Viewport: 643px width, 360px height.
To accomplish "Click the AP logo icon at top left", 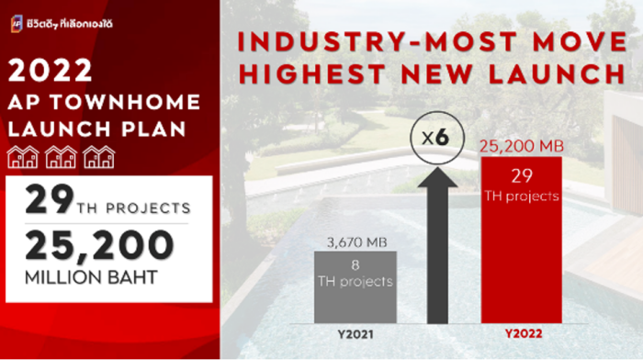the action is point(17,24).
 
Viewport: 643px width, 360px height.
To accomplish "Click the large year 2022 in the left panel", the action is point(50,70).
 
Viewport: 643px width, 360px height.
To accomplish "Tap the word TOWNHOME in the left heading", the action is point(126,102).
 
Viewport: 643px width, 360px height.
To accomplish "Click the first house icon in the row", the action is point(23,157).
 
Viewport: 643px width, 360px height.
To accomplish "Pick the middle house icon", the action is point(61,157).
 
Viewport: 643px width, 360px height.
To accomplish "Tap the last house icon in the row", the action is point(99,157).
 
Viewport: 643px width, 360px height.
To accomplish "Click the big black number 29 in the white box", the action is point(50,199).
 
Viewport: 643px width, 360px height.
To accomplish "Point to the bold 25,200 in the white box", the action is point(99,245).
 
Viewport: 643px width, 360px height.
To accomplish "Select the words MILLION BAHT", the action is point(91,277).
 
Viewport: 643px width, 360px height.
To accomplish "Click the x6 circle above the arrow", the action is point(437,138).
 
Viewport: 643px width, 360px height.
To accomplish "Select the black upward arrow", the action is point(437,245).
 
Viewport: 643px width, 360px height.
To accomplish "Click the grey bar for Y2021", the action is point(355,287).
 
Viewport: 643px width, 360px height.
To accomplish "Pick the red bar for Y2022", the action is point(521,240).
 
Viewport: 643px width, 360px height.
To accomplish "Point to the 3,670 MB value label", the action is point(356,242).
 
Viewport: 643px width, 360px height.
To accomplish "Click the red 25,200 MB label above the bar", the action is point(522,146).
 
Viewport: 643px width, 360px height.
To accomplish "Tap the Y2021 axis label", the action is point(355,334).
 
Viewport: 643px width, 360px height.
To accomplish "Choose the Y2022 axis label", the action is point(524,333).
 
